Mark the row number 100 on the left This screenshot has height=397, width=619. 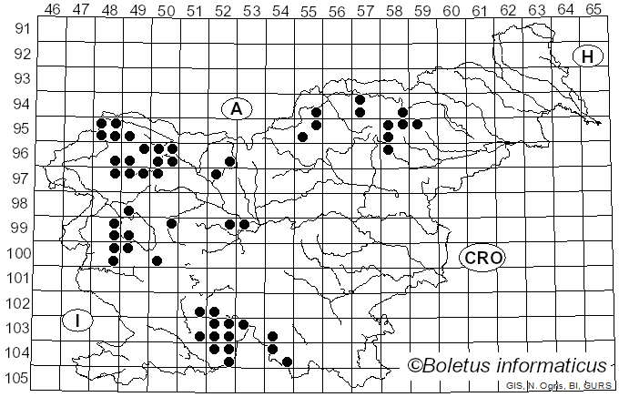point(18,253)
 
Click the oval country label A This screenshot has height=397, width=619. point(236,108)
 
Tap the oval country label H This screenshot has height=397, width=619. point(588,56)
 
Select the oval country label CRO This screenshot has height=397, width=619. point(482,258)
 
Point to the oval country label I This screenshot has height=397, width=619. point(79,321)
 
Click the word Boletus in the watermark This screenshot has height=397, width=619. point(462,366)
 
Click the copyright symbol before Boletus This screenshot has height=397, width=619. point(415,366)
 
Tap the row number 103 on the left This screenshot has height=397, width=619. point(18,328)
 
